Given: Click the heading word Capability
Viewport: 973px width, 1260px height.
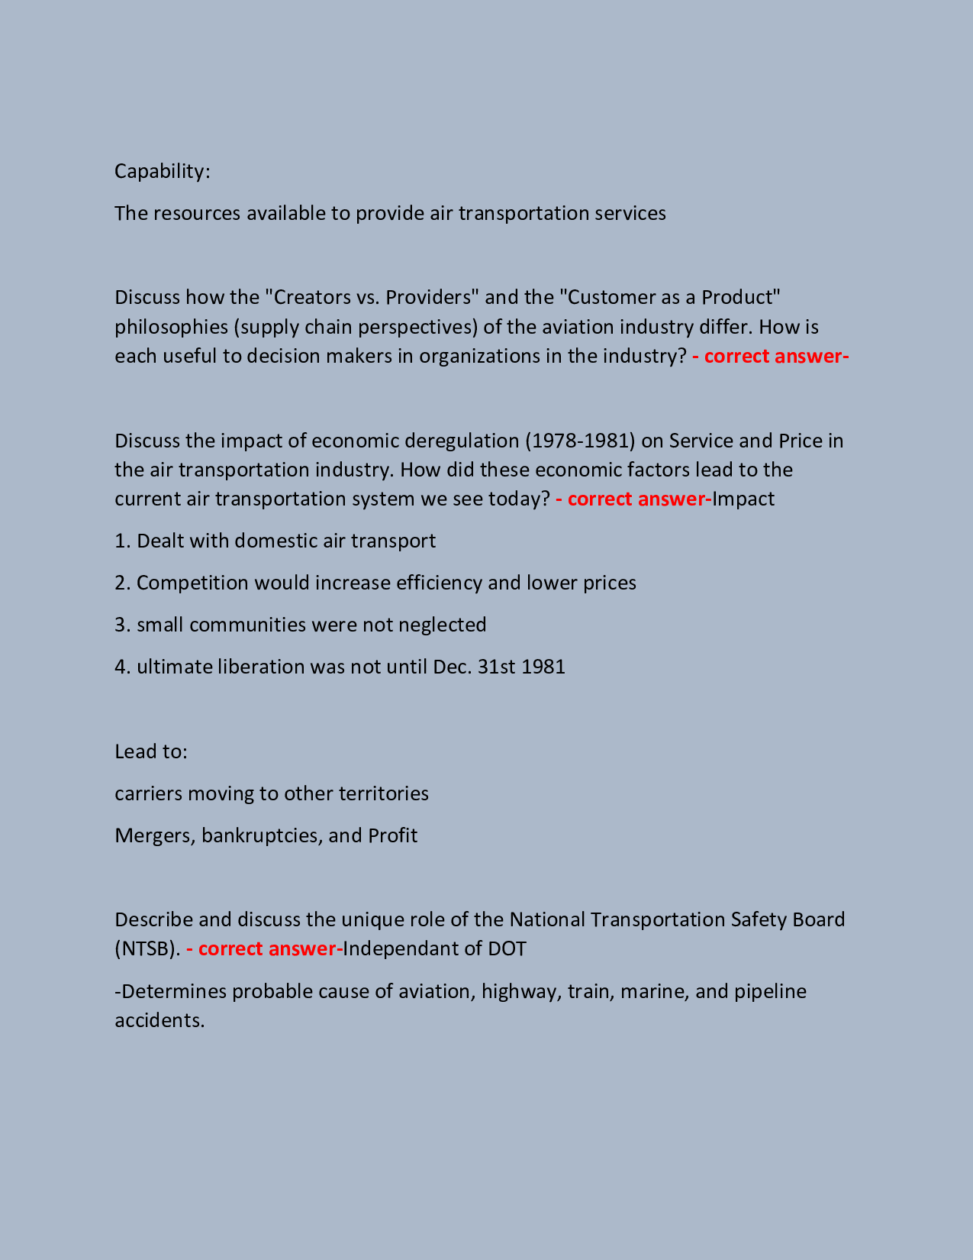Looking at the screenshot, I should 161,171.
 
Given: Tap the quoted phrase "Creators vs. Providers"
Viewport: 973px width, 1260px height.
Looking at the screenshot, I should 371,297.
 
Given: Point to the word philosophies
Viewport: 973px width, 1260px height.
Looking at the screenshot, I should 171,327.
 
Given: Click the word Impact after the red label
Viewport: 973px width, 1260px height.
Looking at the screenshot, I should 743,499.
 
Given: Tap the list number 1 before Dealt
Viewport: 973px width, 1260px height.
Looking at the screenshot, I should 120,541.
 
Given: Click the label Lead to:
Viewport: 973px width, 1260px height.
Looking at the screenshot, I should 151,751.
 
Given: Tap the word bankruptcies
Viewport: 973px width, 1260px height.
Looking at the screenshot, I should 259,835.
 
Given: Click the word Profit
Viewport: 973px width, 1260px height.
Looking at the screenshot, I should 392,835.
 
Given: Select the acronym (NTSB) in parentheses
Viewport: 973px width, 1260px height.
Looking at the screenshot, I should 147,948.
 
